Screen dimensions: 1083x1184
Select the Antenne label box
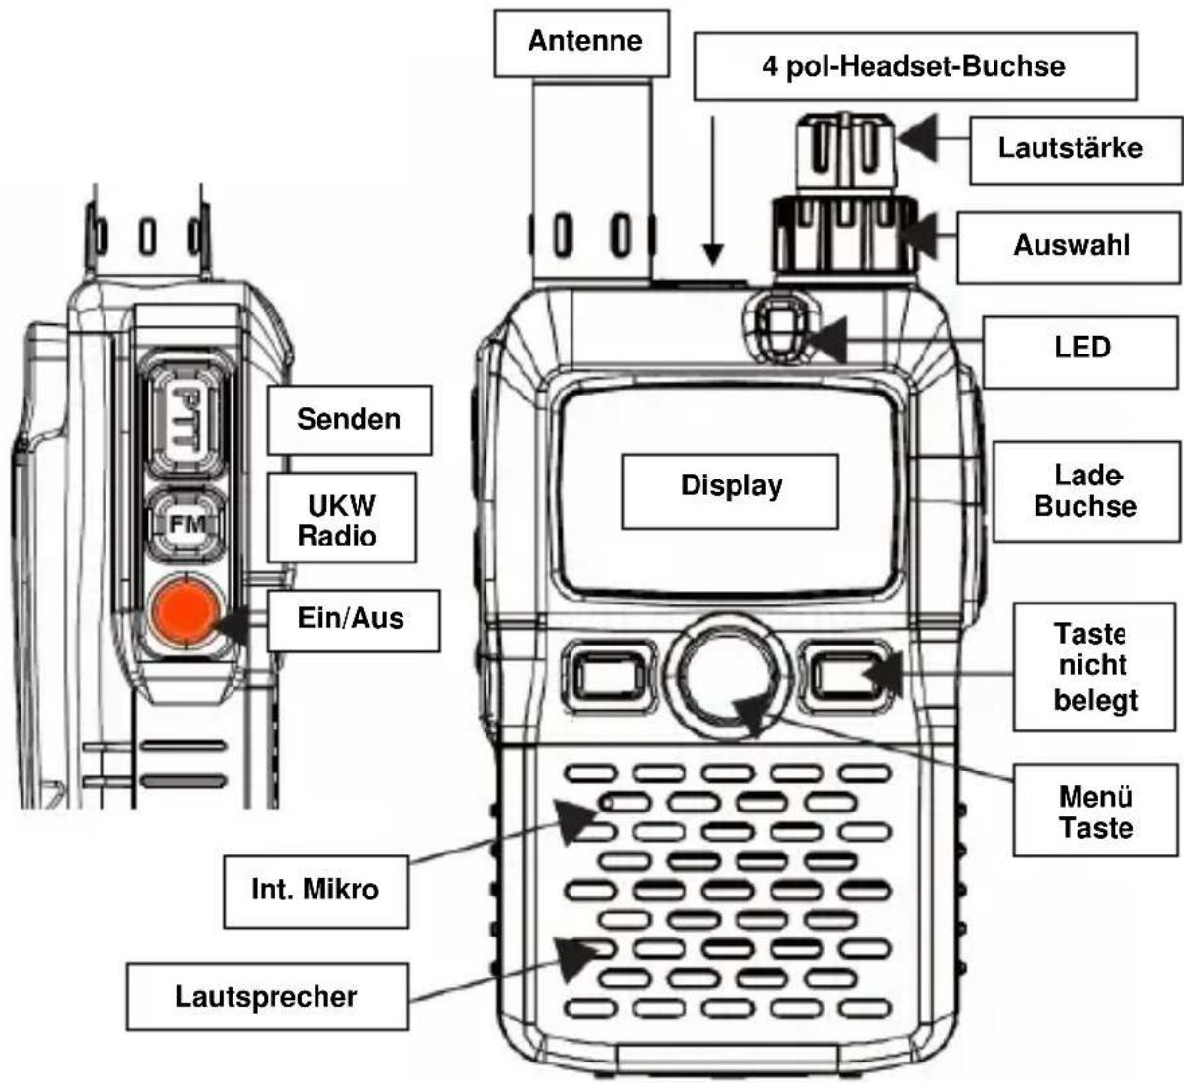pos(583,42)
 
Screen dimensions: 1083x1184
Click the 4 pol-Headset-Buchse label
pos(914,66)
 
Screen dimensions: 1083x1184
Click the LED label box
pos(1080,349)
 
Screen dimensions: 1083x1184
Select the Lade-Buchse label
pos(1085,491)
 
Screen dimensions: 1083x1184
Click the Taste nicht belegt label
pos(1093,667)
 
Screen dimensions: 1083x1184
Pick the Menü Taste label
pos(1094,812)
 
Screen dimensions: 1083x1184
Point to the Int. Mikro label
pos(315,890)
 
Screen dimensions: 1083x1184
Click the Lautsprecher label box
pos(267,997)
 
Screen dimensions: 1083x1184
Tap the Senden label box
pos(349,420)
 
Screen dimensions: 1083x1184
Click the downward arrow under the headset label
pos(714,190)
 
